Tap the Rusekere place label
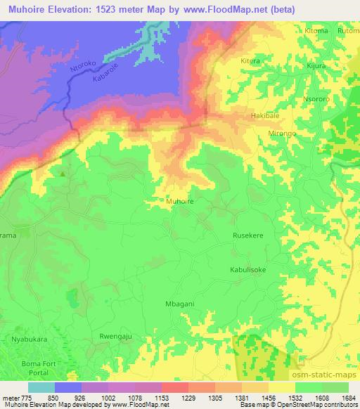pyautogui.click(x=248, y=237)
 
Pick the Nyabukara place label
pyautogui.click(x=26, y=339)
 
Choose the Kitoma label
pyautogui.click(x=316, y=31)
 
